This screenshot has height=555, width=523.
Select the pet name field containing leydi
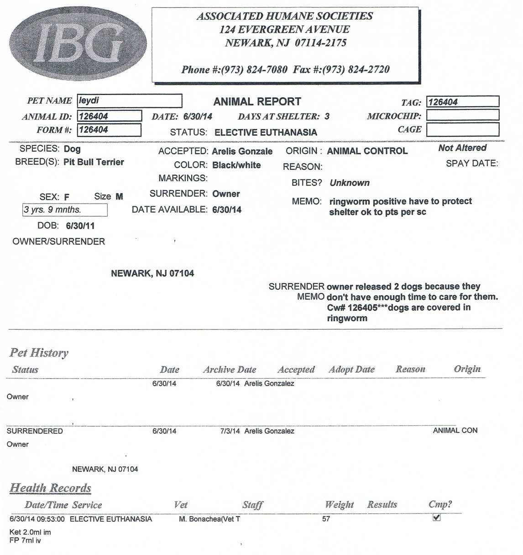click(x=130, y=100)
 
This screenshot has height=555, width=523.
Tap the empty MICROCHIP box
click(x=462, y=115)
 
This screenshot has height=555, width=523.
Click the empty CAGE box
click(x=462, y=130)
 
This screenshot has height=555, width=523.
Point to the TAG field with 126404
click(x=462, y=102)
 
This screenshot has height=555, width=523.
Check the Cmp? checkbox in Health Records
click(x=436, y=518)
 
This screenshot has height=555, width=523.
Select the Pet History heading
click(x=39, y=353)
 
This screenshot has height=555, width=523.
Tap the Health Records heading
click(x=50, y=488)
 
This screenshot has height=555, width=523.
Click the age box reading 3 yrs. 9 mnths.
click(x=65, y=210)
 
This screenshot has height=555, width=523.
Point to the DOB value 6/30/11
click(x=80, y=226)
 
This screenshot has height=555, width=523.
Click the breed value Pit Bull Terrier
click(x=94, y=162)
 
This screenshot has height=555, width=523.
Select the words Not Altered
click(x=462, y=148)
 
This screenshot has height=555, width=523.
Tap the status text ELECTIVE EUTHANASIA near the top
click(x=266, y=132)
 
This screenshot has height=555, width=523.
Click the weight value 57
click(x=326, y=519)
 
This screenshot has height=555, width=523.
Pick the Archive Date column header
click(x=230, y=370)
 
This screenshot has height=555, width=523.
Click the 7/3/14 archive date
click(x=230, y=431)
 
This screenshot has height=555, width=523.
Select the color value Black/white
click(x=236, y=165)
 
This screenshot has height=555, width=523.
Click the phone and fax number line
click(x=285, y=69)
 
